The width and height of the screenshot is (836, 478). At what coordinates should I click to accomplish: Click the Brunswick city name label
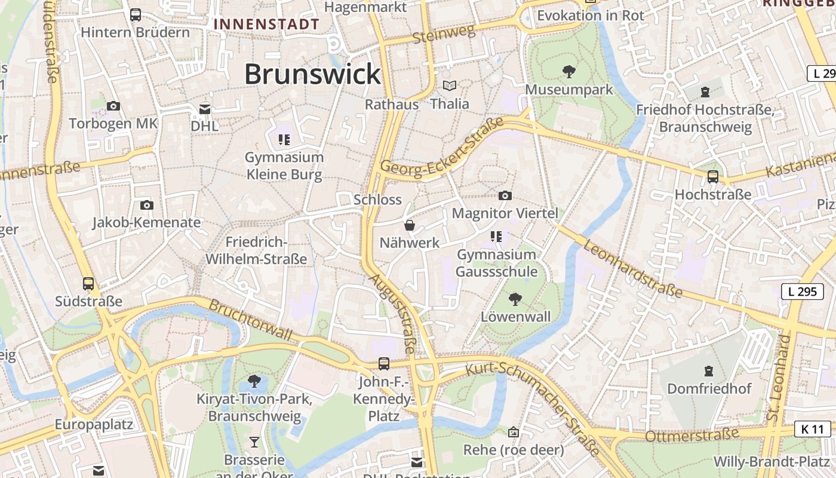312,75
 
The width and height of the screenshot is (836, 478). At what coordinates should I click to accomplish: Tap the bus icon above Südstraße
88,284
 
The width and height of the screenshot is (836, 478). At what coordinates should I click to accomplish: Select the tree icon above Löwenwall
515,299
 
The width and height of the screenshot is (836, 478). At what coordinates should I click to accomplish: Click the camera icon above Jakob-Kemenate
147,205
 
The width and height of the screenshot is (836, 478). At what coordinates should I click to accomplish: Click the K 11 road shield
813,429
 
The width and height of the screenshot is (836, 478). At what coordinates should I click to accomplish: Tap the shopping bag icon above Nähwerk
410,225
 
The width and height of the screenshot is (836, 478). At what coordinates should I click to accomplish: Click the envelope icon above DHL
205,109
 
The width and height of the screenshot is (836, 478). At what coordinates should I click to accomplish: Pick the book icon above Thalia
450,86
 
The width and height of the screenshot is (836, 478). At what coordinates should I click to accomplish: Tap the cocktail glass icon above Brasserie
254,442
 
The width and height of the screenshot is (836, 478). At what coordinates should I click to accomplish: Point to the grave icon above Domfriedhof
709,371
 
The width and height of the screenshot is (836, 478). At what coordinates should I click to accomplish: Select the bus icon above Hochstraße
712,177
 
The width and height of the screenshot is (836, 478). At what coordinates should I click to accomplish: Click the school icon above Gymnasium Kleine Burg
284,140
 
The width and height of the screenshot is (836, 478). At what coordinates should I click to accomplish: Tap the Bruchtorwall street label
250,320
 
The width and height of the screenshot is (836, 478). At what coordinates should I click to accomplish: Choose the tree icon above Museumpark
569,72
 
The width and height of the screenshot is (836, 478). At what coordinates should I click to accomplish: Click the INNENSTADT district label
266,24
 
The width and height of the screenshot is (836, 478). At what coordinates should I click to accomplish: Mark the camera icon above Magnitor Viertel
505,195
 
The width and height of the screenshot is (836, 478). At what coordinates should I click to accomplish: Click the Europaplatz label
94,425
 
